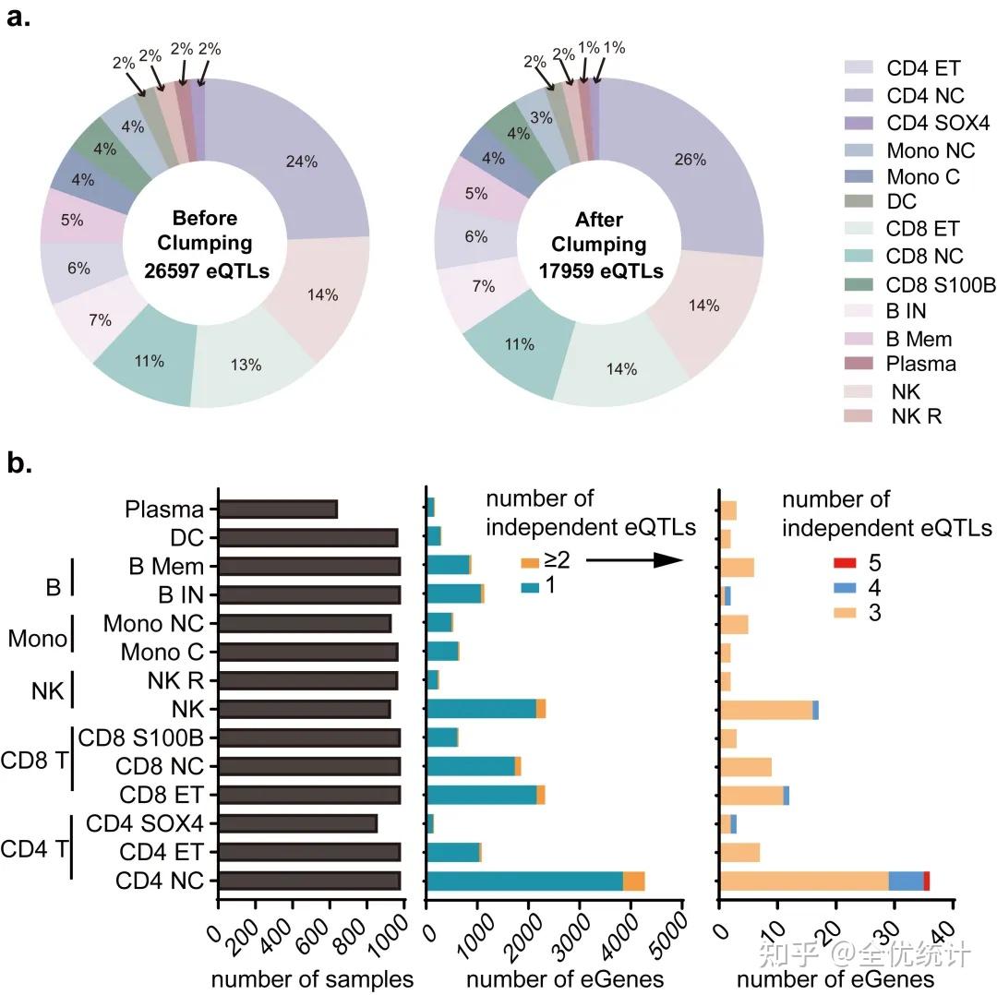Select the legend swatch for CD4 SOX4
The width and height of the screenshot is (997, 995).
click(859, 123)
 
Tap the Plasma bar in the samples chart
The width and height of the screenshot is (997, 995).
click(278, 509)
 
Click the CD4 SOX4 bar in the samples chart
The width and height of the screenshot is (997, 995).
click(297, 823)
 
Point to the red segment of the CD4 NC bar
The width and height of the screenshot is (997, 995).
click(926, 881)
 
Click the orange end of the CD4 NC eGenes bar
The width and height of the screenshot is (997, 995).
click(633, 881)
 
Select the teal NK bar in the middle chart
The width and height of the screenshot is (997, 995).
click(481, 709)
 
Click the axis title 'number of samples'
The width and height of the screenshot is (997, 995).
click(312, 978)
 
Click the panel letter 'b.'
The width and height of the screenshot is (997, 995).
click(20, 462)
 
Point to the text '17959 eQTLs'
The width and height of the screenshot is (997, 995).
click(601, 271)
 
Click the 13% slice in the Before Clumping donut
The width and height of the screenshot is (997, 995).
click(247, 366)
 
